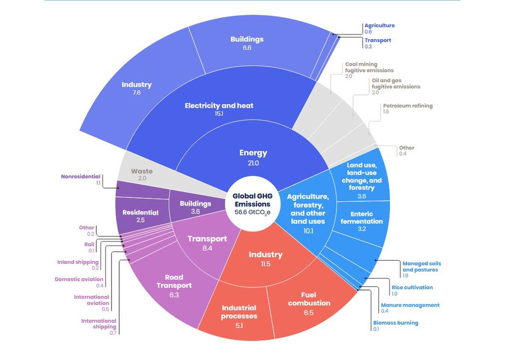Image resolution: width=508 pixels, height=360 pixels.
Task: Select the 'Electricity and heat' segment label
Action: [219, 106]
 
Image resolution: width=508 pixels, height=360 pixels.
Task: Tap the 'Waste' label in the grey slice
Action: [141, 171]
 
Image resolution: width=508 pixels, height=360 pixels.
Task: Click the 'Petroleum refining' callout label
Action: [407, 106]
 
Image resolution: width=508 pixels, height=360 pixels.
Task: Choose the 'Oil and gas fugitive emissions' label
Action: [396, 84]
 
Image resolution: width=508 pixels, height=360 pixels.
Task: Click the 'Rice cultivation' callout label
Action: [412, 287]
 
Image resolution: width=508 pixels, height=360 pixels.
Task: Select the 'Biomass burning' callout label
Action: [395, 323]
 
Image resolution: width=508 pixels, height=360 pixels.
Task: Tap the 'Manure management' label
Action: [410, 305]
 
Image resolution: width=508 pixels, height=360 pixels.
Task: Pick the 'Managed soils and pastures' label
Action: [422, 266]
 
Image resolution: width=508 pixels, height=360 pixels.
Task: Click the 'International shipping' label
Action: [98, 324]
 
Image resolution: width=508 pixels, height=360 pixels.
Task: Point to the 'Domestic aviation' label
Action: [79, 279]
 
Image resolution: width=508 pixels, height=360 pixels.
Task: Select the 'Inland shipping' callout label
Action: [78, 262]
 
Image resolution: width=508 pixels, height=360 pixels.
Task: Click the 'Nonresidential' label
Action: [81, 176]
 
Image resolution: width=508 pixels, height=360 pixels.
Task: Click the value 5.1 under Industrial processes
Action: [239, 326]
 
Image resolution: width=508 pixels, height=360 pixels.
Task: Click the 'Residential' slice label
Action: [140, 213]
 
